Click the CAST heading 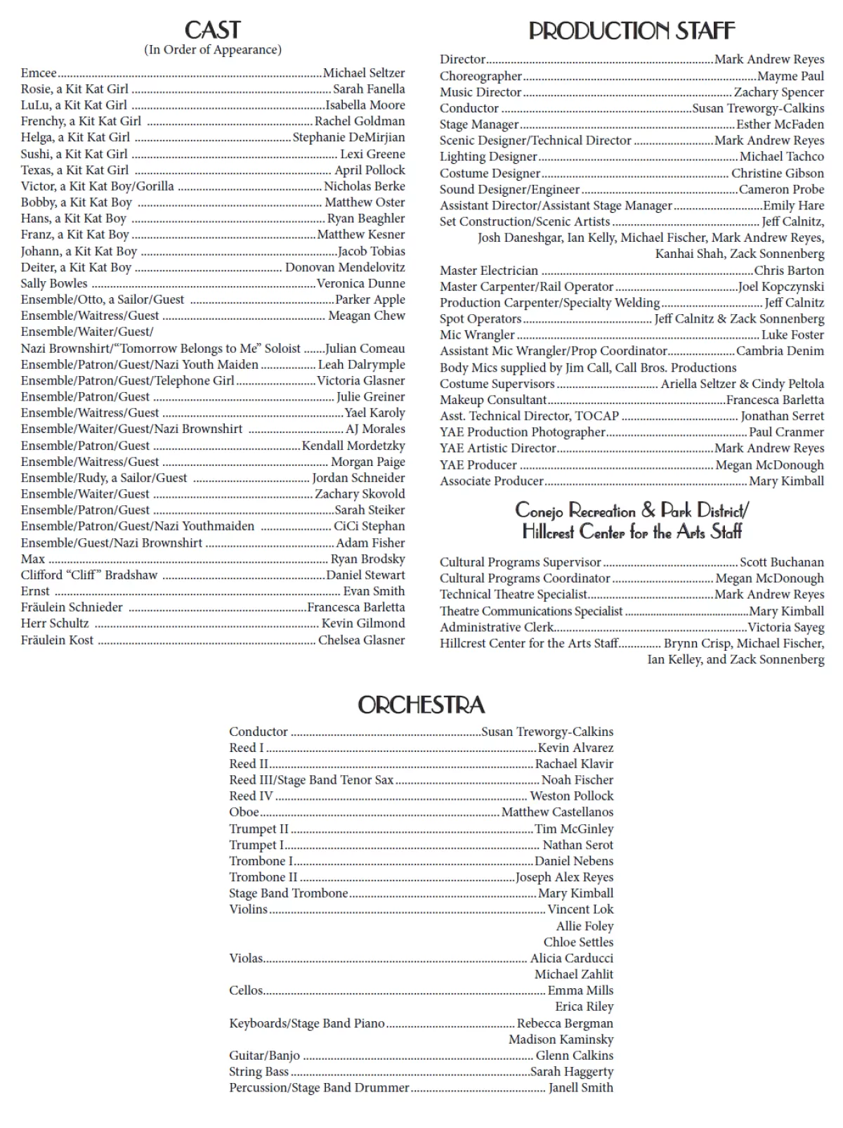click(x=212, y=30)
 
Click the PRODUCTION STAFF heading click(x=632, y=31)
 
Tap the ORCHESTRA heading click(x=421, y=705)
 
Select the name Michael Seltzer click(x=364, y=73)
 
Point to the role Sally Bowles click(x=54, y=283)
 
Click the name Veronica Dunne click(x=361, y=283)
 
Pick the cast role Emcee click(x=39, y=73)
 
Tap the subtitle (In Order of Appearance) click(x=213, y=50)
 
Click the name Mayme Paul click(x=790, y=76)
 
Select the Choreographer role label click(x=481, y=76)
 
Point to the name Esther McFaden click(x=780, y=124)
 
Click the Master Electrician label click(x=489, y=271)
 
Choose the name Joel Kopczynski click(x=781, y=287)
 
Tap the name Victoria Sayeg click(x=786, y=627)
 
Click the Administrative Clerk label click(x=497, y=627)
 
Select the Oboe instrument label click(x=244, y=812)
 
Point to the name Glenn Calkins click(x=575, y=1056)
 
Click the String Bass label click(x=259, y=1072)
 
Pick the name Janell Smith click(x=581, y=1088)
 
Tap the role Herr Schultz click(x=55, y=623)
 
